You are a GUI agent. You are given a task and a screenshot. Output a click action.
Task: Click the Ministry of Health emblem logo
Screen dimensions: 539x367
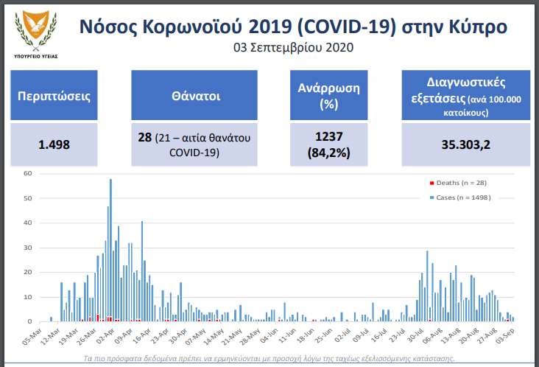36,34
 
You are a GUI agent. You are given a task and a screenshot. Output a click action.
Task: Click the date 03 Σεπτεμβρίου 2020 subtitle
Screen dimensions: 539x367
293,47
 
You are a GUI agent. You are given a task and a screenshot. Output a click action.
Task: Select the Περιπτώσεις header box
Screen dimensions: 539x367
54,95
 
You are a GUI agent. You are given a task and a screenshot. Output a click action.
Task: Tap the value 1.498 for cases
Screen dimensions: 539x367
54,144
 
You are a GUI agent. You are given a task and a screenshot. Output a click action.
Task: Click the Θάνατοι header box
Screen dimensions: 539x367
194,95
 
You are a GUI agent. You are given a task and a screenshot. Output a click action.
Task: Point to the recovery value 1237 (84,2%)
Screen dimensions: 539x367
329,144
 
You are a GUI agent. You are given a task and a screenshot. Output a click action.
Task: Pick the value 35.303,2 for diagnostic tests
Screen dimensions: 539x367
466,144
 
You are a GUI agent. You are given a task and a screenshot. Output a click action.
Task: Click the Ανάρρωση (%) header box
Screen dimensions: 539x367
329,95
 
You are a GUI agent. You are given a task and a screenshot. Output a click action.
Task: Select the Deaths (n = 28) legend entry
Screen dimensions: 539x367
458,183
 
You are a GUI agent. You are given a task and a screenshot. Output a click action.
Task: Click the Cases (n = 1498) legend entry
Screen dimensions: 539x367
460,198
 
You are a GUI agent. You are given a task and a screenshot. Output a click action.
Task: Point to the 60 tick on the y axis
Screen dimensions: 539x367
27,173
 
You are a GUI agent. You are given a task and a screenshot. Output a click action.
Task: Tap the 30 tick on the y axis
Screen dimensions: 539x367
27,248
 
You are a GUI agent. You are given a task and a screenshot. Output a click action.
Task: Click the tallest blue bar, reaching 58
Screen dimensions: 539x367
110,250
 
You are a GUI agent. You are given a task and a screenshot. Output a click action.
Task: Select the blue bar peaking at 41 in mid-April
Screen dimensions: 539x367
142,271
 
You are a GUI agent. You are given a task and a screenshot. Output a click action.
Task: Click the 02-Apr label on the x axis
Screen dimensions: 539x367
105,335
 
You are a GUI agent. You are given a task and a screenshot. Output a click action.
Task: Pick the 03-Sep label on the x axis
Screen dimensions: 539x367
504,335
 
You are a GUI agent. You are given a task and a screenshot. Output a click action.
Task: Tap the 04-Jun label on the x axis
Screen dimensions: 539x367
269,335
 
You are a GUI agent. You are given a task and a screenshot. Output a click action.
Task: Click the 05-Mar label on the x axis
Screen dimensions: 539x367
32,336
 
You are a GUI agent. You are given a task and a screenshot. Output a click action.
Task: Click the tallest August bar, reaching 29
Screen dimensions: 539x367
427,286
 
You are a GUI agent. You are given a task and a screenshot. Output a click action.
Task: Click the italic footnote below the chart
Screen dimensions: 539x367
269,358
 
